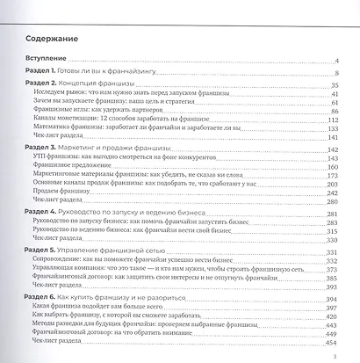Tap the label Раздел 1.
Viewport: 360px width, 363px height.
coord(41,72)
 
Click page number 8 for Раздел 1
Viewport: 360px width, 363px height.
coord(336,73)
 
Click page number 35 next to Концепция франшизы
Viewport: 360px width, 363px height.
coord(335,84)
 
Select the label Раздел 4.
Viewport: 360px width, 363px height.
coord(42,214)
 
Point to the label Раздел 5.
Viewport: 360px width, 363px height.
coord(42,252)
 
